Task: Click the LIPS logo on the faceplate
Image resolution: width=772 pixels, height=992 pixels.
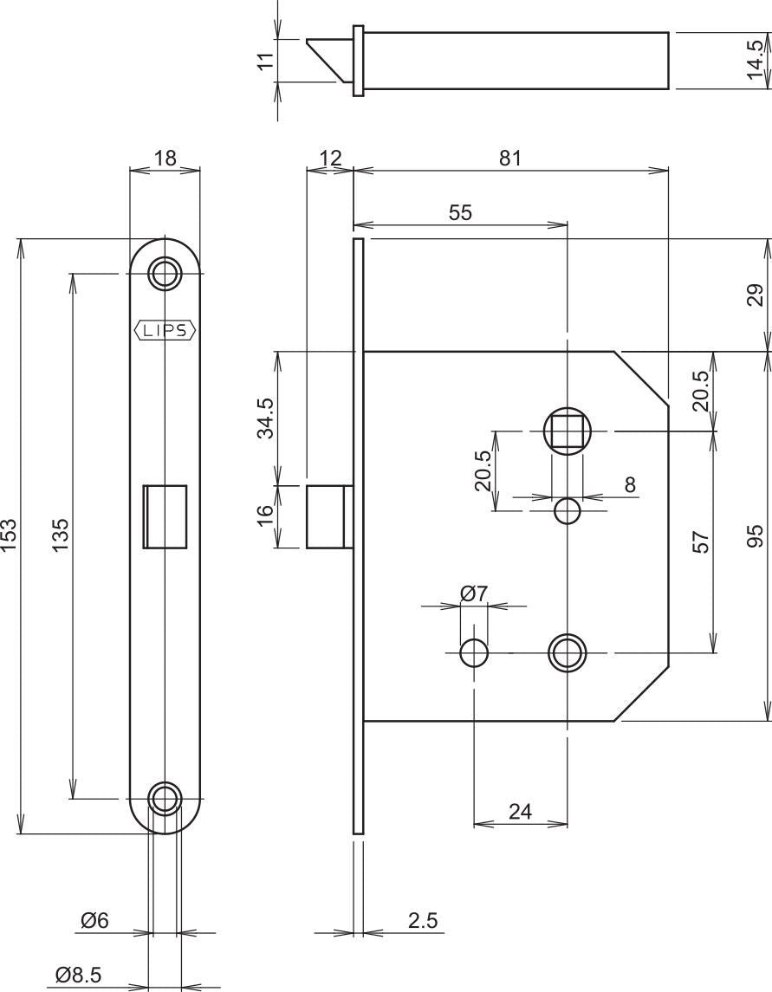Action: tap(165, 330)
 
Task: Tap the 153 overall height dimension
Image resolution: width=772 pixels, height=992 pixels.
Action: tap(9, 535)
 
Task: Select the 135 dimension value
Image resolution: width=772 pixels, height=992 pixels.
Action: tap(60, 535)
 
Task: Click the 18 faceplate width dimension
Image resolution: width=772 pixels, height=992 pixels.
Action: tap(165, 158)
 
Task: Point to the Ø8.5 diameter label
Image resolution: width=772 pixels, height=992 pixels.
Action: tap(79, 975)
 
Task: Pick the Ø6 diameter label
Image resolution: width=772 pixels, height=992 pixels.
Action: tap(95, 920)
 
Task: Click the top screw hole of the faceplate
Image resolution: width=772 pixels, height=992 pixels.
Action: tap(165, 273)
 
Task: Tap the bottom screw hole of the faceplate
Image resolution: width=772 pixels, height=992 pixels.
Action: tap(165, 799)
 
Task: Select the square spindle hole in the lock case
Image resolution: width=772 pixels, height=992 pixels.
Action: tap(567, 431)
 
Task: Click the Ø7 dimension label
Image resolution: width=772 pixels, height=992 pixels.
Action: tap(475, 593)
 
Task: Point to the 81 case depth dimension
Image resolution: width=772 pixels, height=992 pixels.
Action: tap(510, 158)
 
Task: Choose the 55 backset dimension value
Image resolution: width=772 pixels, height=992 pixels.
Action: tap(461, 212)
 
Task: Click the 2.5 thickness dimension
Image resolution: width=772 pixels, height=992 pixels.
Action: tap(423, 920)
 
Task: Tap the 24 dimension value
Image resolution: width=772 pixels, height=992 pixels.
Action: tap(520, 811)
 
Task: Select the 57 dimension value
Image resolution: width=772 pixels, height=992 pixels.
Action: tap(701, 541)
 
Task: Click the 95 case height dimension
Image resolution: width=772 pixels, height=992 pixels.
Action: tap(756, 535)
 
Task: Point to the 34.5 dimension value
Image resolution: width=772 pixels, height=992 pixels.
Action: tap(266, 418)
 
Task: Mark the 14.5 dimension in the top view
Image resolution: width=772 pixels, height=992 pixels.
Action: tap(756, 60)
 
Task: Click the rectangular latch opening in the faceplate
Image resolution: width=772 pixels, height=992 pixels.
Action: tap(165, 516)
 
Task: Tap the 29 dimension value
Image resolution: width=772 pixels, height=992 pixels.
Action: tap(756, 295)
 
